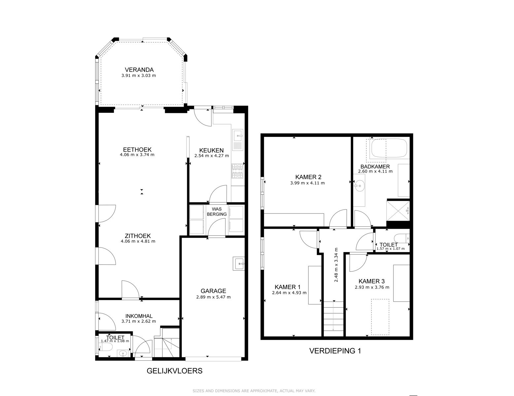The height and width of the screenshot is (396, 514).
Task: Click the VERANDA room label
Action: (x=139, y=70)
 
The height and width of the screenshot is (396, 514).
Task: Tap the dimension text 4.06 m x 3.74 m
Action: (x=137, y=155)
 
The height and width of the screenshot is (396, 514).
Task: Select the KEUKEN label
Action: (x=211, y=150)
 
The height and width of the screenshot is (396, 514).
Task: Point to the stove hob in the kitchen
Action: (x=237, y=171)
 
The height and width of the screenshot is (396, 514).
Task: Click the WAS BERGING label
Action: (x=217, y=212)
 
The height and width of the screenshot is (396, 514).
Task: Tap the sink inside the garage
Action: (x=238, y=263)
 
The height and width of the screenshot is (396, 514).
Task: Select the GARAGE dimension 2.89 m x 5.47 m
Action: (x=213, y=297)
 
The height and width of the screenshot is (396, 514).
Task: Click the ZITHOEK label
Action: (x=138, y=236)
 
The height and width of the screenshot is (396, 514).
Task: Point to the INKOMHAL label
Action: (x=139, y=316)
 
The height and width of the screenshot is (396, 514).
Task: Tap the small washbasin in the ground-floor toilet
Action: (x=123, y=354)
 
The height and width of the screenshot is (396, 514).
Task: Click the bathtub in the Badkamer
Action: (x=389, y=148)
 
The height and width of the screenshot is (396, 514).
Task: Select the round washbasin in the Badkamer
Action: (x=359, y=186)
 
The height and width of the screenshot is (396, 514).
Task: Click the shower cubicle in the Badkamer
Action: (x=398, y=211)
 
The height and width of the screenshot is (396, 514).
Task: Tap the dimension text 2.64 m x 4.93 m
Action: (x=289, y=293)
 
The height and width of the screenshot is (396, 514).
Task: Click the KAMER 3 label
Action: (x=372, y=281)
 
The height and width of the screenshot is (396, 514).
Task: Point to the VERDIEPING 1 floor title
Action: (x=335, y=350)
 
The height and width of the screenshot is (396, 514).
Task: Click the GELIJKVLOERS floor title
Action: (x=175, y=371)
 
